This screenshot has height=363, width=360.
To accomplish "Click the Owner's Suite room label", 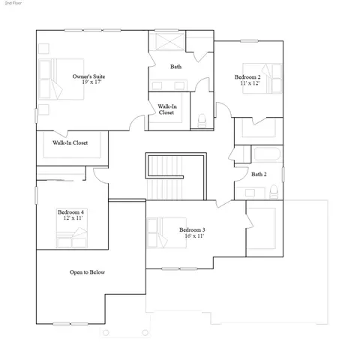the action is [88, 76].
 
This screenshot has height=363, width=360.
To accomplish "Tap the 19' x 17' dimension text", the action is [91, 82].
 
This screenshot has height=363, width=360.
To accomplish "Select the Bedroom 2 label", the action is [247, 77].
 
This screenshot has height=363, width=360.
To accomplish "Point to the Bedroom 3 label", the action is [192, 229].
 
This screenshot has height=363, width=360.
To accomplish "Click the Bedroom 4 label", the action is [70, 212].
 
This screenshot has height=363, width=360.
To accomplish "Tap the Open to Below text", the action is [87, 272].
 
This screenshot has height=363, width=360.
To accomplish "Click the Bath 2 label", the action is [259, 174].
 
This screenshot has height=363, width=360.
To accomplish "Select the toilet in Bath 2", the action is [274, 192].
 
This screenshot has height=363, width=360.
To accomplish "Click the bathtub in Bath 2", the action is [267, 154].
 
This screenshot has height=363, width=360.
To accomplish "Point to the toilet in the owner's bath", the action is [202, 121].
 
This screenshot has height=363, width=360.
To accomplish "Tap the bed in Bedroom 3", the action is [166, 232].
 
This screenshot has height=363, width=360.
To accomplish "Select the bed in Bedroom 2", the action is [262, 78].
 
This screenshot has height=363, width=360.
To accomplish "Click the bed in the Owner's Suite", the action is [61, 79].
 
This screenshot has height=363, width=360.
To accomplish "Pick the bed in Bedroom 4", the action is [72, 228].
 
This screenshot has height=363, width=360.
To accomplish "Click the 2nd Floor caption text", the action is [13, 3].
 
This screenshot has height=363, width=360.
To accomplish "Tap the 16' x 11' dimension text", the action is [194, 235].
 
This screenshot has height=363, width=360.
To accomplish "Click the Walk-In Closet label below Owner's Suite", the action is [70, 142].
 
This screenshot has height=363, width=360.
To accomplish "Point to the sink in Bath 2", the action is [250, 193].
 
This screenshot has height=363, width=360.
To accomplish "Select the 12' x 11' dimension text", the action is [73, 218].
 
